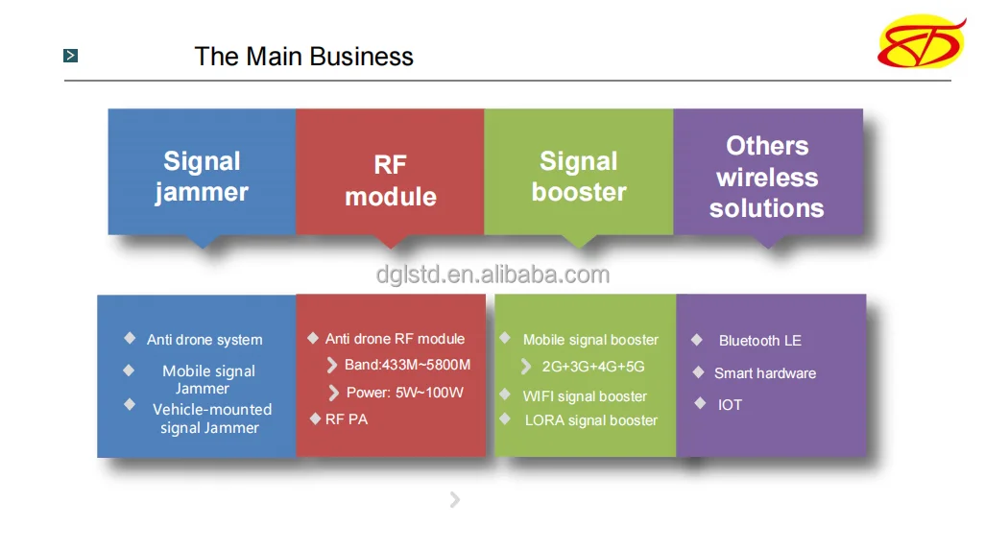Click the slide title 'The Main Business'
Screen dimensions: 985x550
click(304, 57)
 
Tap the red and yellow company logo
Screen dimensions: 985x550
click(922, 41)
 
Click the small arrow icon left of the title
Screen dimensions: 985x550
click(70, 56)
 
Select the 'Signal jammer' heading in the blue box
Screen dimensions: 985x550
click(202, 177)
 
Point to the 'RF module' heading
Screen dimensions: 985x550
click(391, 180)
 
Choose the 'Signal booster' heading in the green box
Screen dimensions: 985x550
click(579, 177)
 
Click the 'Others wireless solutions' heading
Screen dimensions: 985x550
click(767, 177)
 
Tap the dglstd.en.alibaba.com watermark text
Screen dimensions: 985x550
click(493, 275)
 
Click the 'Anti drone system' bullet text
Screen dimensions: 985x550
click(204, 340)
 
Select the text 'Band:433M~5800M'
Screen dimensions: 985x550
click(408, 365)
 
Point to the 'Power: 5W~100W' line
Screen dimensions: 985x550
click(405, 393)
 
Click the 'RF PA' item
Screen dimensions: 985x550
click(347, 419)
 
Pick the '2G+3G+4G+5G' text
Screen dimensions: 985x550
click(593, 367)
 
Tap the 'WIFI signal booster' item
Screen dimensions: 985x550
click(585, 396)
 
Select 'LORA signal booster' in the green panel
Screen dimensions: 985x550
click(591, 420)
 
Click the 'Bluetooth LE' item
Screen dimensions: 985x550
click(760, 341)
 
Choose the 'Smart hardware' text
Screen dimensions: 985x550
click(765, 373)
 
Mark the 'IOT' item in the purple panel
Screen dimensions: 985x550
click(730, 405)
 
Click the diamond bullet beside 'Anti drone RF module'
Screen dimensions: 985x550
click(313, 339)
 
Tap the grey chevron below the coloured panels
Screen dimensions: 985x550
click(455, 500)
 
